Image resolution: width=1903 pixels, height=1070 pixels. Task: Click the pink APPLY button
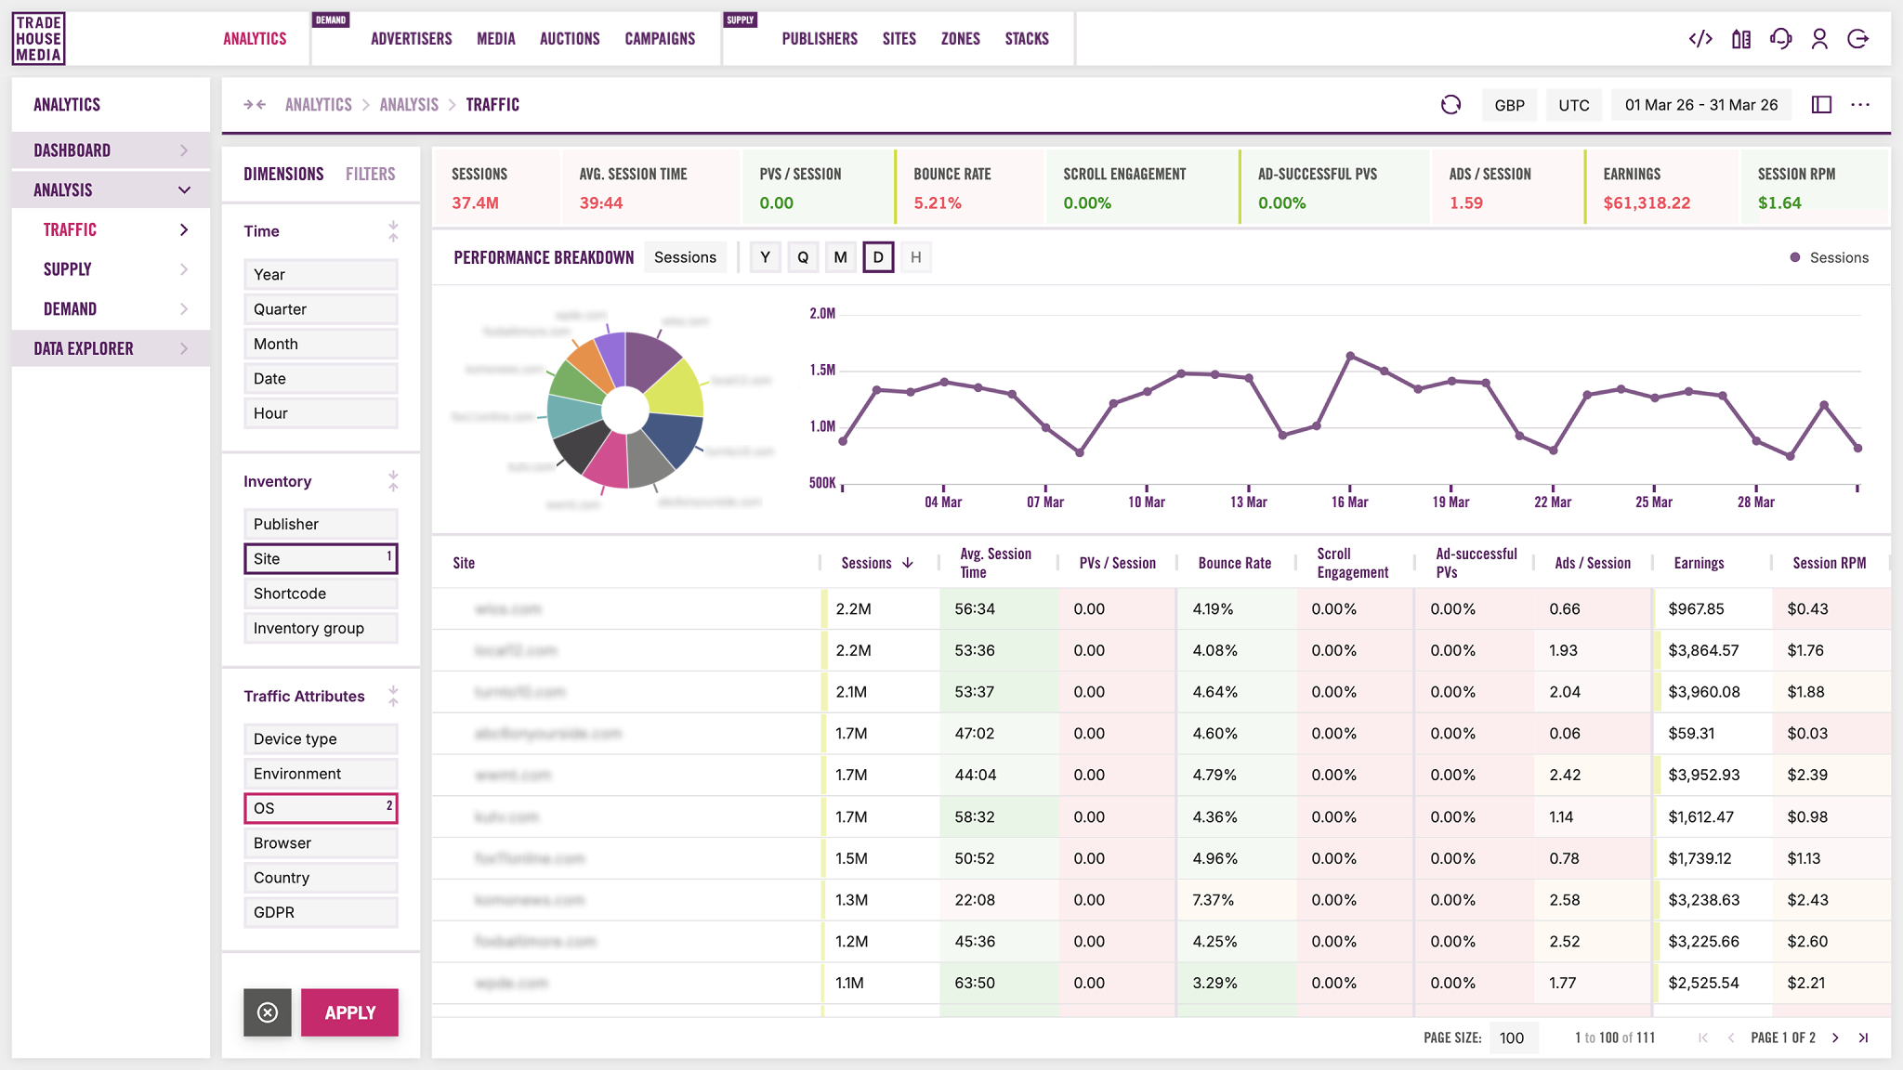tap(349, 1012)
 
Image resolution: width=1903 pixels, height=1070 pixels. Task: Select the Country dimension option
tap(320, 878)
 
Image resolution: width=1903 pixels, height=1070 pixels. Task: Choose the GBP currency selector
tap(1509, 105)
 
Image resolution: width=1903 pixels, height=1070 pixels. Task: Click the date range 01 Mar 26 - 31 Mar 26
tap(1700, 105)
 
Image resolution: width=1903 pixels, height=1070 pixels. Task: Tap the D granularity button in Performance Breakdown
tap(878, 257)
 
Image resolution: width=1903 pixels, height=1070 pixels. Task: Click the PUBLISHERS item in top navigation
tap(819, 39)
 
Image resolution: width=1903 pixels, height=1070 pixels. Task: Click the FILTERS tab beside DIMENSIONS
tap(370, 174)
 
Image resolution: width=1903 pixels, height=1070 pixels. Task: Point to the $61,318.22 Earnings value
tap(1646, 202)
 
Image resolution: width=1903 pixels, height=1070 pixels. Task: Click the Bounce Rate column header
tap(1234, 563)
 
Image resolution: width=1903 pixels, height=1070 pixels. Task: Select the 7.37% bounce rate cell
tap(1213, 900)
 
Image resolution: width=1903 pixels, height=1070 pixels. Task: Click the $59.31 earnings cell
tap(1691, 734)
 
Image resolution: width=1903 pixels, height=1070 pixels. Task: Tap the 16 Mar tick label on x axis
tap(1349, 502)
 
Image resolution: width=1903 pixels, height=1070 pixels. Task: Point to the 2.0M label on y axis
tap(822, 314)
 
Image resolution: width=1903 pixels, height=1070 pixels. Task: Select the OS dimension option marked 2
tap(320, 808)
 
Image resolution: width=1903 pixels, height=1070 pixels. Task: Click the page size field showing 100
tap(1512, 1037)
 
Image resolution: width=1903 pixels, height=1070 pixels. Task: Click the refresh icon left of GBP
tap(1450, 105)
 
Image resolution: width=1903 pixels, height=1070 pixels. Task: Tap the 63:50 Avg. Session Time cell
tap(975, 983)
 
